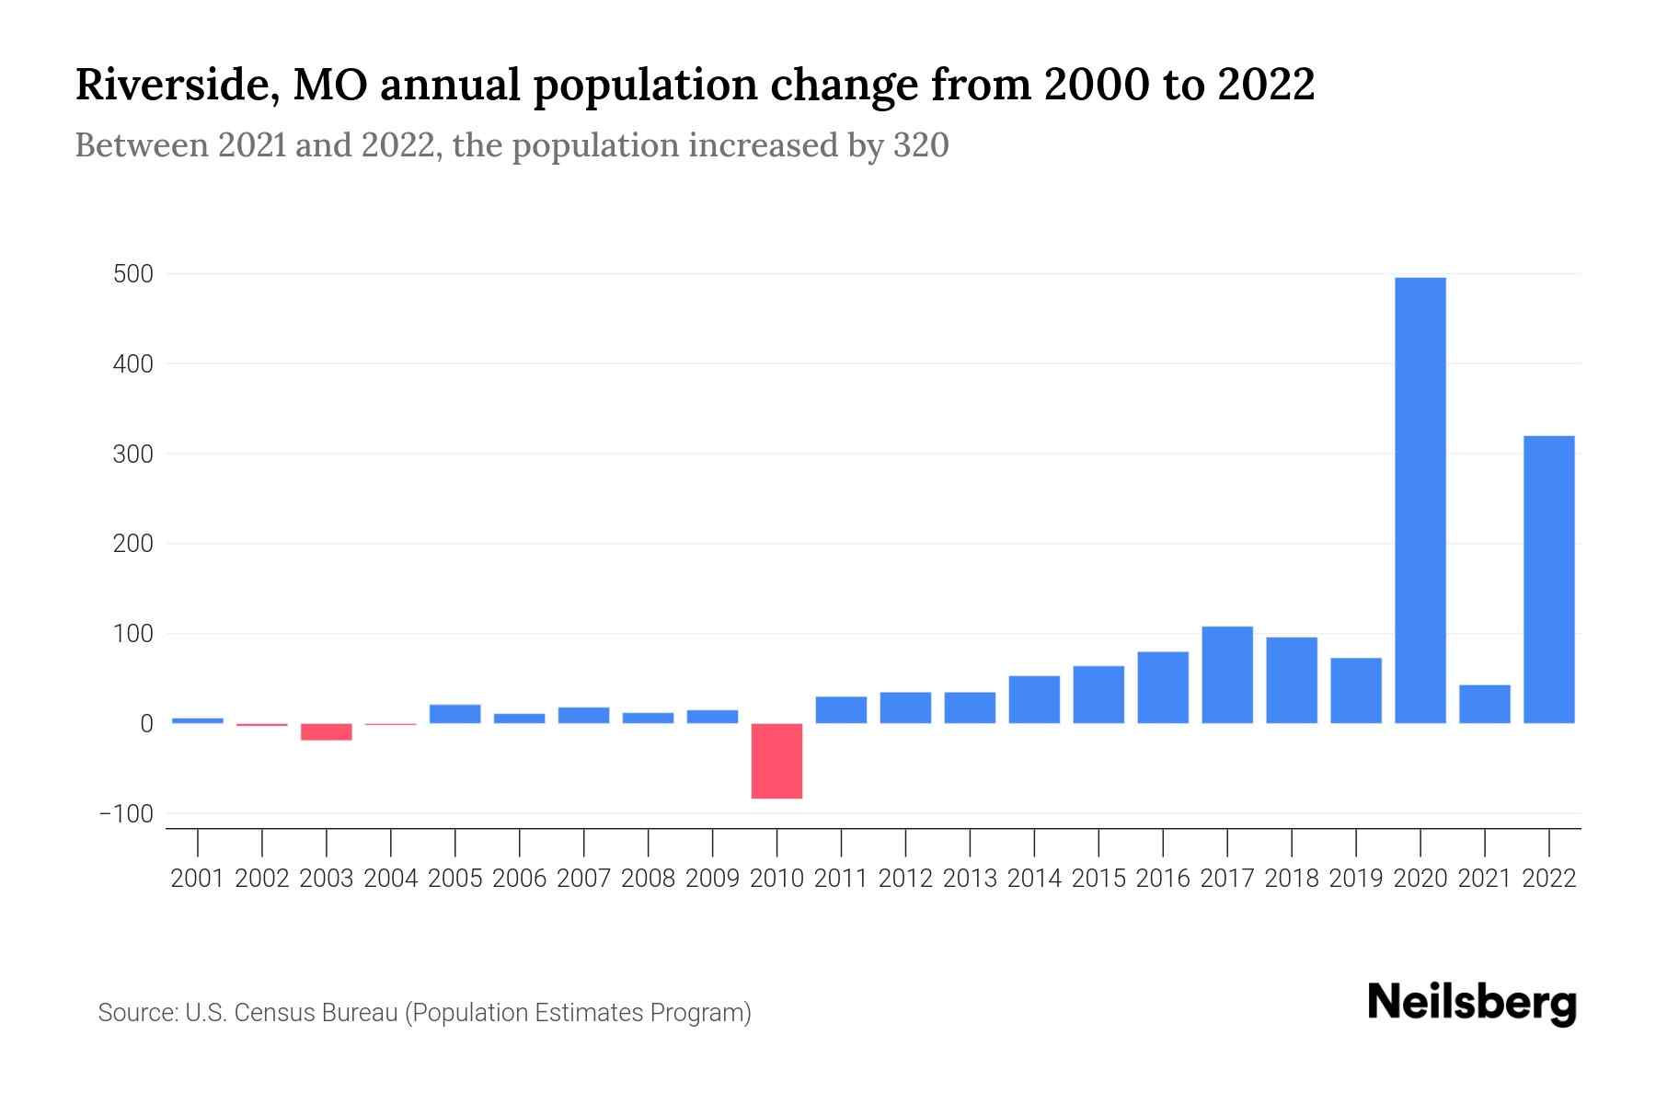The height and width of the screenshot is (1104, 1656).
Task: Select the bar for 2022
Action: click(1548, 580)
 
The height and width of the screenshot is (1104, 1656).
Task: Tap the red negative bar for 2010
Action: click(776, 761)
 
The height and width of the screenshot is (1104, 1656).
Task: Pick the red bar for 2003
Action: click(326, 732)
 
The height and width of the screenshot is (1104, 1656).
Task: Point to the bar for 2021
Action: click(1484, 704)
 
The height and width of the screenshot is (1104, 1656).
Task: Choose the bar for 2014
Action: click(1034, 699)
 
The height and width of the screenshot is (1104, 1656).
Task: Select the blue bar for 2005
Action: click(454, 714)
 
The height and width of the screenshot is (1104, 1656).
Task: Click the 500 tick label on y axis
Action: click(133, 274)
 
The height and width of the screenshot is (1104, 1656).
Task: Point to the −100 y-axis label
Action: click(127, 814)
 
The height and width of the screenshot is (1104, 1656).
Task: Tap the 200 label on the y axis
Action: click(133, 544)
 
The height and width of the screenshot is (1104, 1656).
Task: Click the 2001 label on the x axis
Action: click(198, 879)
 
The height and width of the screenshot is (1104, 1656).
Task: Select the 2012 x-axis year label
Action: click(905, 879)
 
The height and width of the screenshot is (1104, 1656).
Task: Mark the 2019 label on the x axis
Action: click(1355, 879)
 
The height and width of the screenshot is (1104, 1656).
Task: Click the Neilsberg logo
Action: click(1471, 1003)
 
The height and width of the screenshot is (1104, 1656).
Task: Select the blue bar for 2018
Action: click(1291, 680)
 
